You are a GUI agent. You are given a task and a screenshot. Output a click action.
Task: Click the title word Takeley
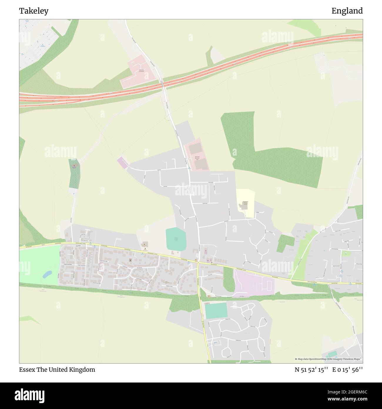tap(34, 11)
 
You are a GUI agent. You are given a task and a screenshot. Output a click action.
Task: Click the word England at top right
tap(347, 11)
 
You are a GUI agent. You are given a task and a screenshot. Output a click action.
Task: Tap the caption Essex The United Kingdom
tap(57, 370)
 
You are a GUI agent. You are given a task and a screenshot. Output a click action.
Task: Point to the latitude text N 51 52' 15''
tap(311, 370)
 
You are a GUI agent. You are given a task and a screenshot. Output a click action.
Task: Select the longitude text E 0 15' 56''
tap(348, 370)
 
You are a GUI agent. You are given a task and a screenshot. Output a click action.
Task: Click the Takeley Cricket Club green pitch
tap(176, 239)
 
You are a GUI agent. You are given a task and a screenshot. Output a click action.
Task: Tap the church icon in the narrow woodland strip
tap(74, 166)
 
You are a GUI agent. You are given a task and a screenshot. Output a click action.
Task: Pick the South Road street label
tap(205, 203)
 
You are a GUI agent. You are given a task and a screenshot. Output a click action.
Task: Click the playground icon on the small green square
tap(346, 253)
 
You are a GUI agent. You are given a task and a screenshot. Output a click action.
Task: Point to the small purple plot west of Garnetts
tap(123, 163)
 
